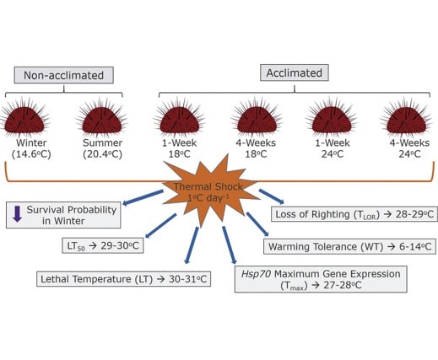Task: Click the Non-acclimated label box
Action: click(64, 75)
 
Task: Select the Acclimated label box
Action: click(295, 73)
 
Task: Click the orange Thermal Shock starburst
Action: click(208, 191)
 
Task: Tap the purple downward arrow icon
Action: click(18, 214)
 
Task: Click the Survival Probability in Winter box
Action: click(63, 215)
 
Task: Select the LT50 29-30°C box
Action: click(103, 246)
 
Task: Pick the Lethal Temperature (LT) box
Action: click(124, 279)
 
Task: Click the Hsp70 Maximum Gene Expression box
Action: click(321, 279)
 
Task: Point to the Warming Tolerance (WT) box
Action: click(349, 246)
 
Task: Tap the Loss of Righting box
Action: click(354, 214)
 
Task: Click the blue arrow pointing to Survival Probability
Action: click(143, 197)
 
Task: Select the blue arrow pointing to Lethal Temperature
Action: click(192, 245)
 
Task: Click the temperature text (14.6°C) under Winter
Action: click(31, 154)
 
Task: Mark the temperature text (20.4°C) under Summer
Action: click(103, 154)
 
